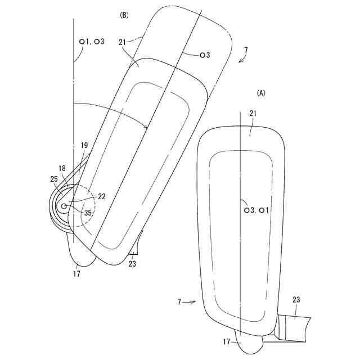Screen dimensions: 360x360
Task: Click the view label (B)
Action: pos(124,15)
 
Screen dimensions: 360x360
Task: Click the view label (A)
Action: pos(260,92)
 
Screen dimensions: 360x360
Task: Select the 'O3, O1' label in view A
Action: pos(256,209)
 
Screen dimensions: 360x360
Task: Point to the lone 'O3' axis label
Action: pos(204,55)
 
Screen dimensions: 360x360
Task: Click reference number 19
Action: pos(84,145)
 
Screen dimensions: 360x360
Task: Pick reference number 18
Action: pos(62,168)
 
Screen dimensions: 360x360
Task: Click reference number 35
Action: pos(88,213)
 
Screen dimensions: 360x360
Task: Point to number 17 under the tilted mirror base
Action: pos(76,274)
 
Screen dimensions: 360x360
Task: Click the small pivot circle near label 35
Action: pos(64,206)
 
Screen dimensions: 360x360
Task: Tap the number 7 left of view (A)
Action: pos(180,302)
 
